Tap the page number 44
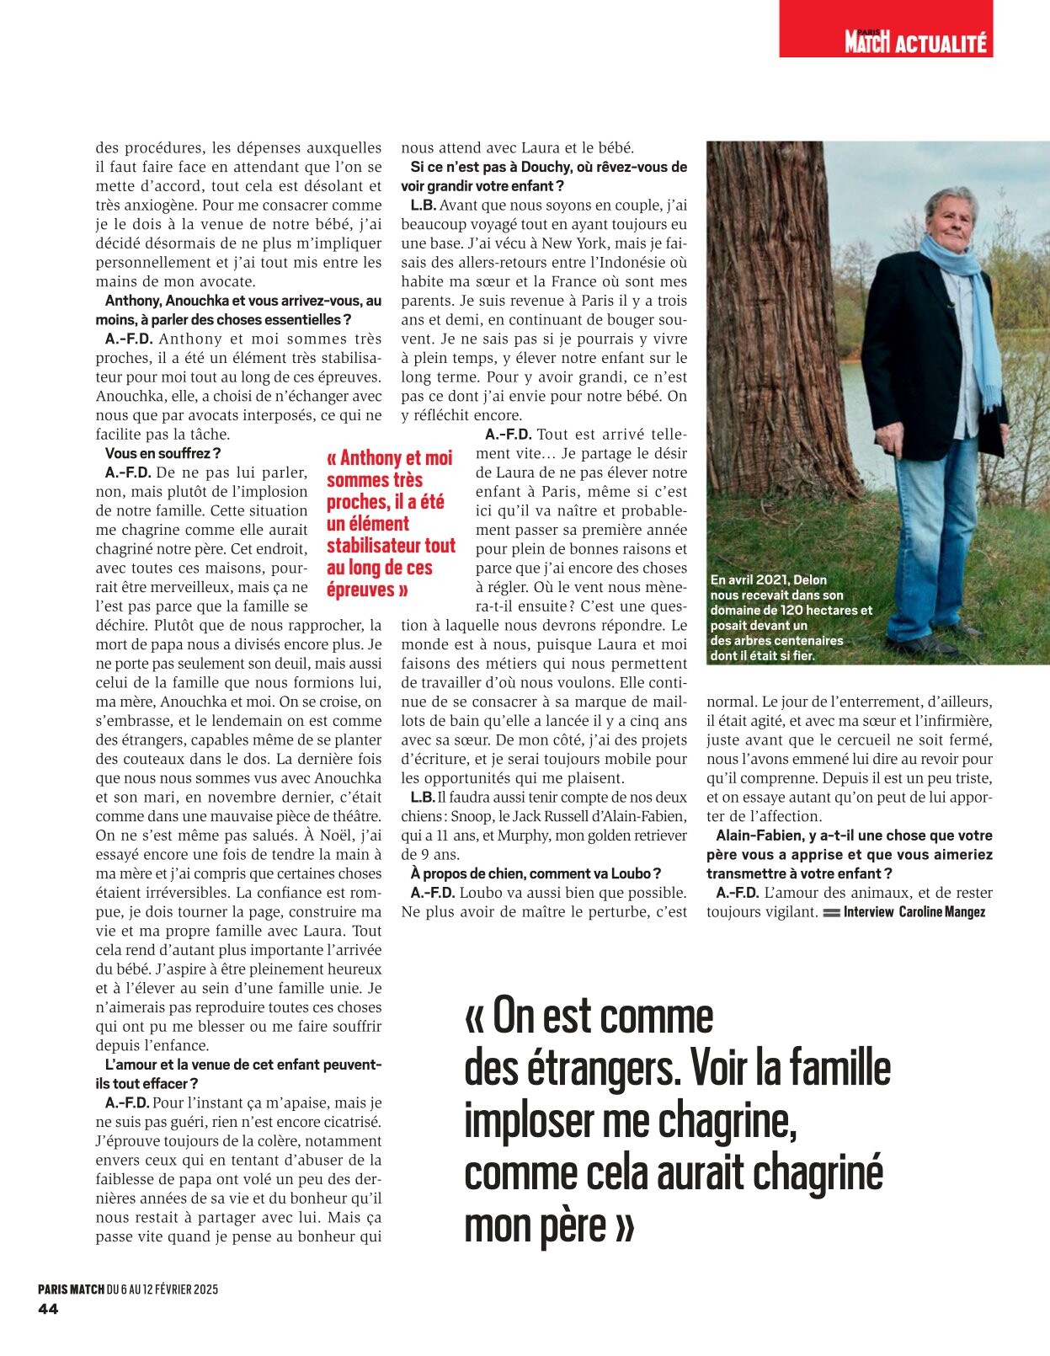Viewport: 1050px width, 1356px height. pos(48,1309)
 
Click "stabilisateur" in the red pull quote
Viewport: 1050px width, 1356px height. pos(391,546)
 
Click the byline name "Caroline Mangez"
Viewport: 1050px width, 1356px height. pos(942,912)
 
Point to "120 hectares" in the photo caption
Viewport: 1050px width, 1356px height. pos(830,610)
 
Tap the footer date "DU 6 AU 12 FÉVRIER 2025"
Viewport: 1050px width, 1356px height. pos(163,1289)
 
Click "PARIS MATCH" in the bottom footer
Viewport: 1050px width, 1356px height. pos(71,1289)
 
